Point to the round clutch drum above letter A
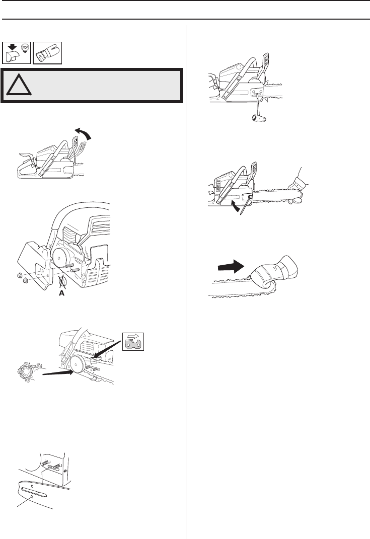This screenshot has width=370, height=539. coord(65,257)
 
